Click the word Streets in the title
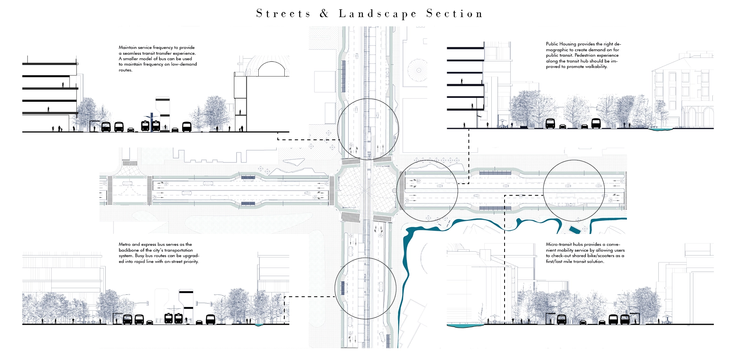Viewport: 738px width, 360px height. point(283,14)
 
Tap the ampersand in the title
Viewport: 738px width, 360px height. point(324,14)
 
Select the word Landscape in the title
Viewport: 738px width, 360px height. point(378,14)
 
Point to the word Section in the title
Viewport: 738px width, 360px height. point(454,14)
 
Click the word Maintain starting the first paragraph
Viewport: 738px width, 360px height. point(128,47)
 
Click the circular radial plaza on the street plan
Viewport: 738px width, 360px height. point(419,70)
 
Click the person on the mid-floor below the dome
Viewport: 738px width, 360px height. point(240,112)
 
